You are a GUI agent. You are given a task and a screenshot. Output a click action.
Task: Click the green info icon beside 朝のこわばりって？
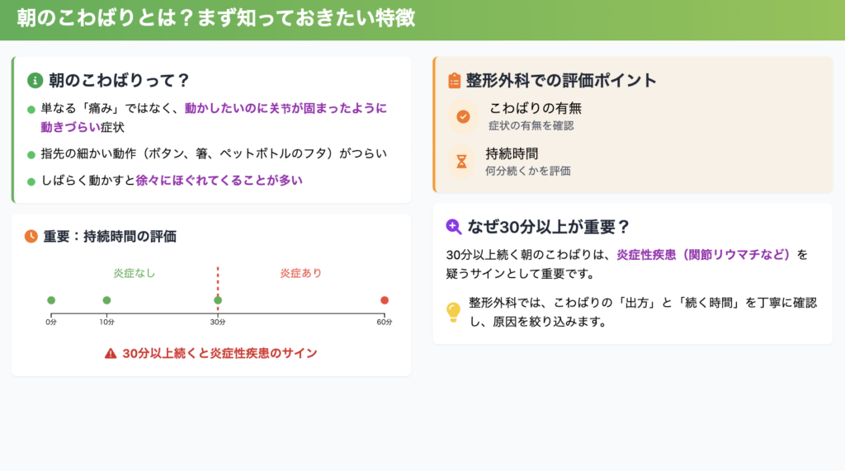coord(35,80)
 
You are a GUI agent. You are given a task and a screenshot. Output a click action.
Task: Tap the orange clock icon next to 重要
coord(31,236)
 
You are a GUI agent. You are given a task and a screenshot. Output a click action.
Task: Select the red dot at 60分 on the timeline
coord(385,300)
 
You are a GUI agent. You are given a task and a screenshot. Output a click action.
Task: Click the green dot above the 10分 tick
coord(106,300)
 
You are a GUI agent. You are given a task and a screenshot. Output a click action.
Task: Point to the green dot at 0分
coord(51,300)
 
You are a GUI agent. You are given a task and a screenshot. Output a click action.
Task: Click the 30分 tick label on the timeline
coord(218,323)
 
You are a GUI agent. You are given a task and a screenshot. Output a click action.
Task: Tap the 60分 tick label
coord(385,323)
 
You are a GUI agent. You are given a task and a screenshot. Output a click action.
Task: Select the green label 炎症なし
coord(135,273)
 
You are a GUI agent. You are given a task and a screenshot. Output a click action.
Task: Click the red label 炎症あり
coord(300,273)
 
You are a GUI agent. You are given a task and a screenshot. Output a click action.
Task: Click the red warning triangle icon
coord(111,354)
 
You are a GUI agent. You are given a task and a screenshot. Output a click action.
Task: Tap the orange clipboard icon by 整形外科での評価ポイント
coord(455,80)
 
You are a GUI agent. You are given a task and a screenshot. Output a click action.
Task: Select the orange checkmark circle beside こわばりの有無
coord(463,116)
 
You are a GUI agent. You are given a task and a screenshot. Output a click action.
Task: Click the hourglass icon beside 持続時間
coord(462,162)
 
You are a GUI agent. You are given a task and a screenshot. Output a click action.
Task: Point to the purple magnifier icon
coord(454,227)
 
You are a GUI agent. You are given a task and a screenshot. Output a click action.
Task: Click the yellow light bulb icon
coord(454,312)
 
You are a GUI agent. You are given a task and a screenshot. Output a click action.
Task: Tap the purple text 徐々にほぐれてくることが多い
coord(220,181)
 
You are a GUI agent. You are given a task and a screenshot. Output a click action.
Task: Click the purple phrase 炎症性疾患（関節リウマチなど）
coord(703,255)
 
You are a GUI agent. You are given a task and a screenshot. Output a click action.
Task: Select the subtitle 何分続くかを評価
coord(528,172)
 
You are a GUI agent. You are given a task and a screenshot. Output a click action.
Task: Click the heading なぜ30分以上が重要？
coord(548,227)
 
